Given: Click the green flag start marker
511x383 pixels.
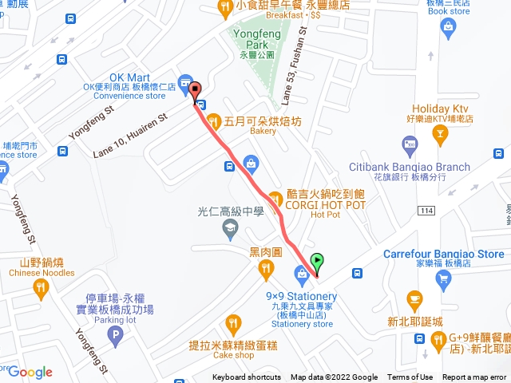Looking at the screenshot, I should coord(318,260).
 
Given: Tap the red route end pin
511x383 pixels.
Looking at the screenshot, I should coord(196,91).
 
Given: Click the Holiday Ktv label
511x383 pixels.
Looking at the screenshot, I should coord(439,109).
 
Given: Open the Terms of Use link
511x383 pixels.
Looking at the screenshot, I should coord(410,377).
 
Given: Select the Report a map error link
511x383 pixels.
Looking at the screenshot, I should coord(475,377).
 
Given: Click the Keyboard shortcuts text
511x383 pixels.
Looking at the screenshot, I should coord(247,377).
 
